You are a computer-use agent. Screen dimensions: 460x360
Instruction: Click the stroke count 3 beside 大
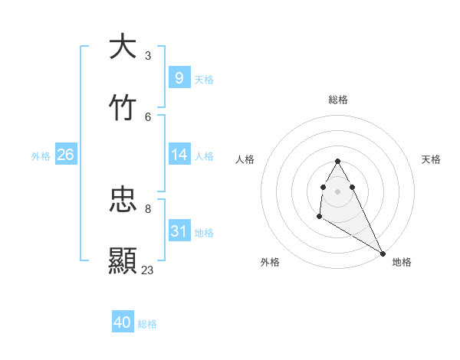coord(148,56)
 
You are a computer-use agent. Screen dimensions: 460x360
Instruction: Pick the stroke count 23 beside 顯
coord(148,270)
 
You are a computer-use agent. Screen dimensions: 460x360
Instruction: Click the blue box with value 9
coord(179,77)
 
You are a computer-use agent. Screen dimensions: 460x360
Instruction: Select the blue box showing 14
coord(179,155)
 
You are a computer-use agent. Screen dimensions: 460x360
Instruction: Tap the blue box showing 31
coord(179,231)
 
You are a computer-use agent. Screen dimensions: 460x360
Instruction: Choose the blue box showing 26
coord(65,155)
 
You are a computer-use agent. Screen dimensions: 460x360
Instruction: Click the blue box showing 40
coord(123,322)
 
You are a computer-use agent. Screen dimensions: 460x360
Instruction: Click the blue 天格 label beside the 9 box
coord(204,79)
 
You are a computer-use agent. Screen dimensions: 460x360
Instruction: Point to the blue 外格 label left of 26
coord(41,156)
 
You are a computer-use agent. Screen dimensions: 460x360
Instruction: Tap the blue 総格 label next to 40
coord(147,324)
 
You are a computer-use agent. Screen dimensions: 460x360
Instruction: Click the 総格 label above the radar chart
coord(338,100)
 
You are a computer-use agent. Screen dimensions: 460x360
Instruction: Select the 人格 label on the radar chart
coord(245,159)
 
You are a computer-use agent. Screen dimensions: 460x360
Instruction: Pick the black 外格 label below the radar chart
coord(270,262)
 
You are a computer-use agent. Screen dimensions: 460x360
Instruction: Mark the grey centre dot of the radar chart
coord(338,191)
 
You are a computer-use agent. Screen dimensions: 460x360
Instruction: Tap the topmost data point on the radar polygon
coord(337,161)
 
